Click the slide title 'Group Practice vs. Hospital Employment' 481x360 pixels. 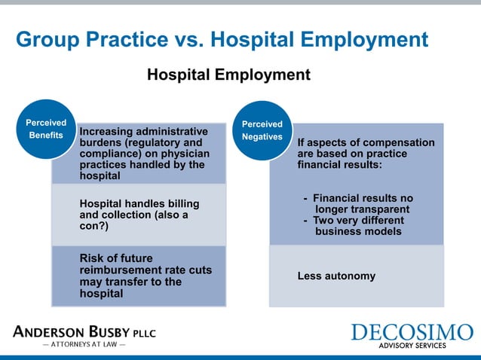coord(222,40)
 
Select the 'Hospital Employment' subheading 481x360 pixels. coord(228,75)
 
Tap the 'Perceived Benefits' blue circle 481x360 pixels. coord(45,129)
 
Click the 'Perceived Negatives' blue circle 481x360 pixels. coord(262,130)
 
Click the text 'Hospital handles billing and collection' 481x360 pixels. coord(139,209)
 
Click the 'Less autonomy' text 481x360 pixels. coord(336,276)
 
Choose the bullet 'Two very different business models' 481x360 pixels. coord(354,226)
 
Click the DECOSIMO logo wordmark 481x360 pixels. coord(411,333)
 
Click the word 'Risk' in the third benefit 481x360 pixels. coord(92,258)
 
